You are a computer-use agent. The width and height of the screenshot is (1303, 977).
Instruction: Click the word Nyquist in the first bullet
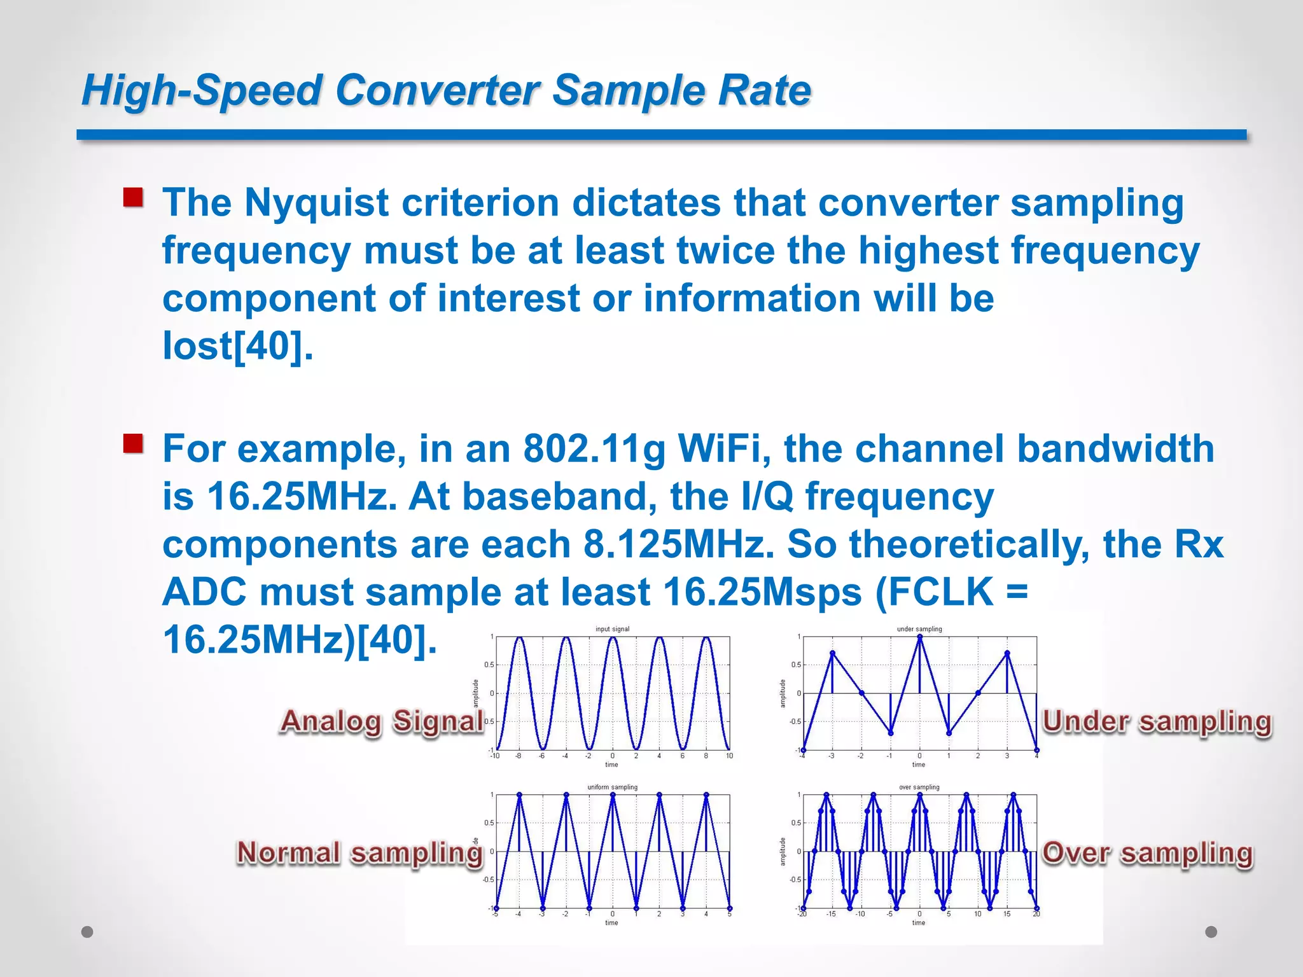(x=317, y=203)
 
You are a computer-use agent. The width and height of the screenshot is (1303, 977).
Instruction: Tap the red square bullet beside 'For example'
(x=133, y=443)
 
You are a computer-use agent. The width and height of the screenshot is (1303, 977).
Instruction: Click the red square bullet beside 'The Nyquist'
(x=133, y=197)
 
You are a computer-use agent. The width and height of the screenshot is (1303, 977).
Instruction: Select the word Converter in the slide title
(x=437, y=90)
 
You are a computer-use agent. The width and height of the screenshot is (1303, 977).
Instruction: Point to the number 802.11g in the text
(x=594, y=448)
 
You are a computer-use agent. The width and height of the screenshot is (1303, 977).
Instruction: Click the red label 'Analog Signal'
(x=382, y=722)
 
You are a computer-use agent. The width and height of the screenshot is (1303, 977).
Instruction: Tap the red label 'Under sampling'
(x=1156, y=722)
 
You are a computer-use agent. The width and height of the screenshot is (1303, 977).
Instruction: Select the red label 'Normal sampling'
(x=359, y=853)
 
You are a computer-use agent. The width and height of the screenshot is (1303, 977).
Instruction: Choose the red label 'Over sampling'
(x=1146, y=853)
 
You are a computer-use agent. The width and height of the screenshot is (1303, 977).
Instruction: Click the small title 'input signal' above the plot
(x=612, y=629)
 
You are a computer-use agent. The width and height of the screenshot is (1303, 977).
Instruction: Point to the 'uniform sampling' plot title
(x=612, y=787)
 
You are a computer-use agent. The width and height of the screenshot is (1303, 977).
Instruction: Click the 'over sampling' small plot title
(x=919, y=787)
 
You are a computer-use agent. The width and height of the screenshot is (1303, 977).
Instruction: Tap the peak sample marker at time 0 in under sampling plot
(x=919, y=637)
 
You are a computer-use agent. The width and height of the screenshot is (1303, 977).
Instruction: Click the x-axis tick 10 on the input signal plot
(x=729, y=756)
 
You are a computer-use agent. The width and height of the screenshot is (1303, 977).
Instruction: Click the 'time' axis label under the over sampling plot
(x=919, y=922)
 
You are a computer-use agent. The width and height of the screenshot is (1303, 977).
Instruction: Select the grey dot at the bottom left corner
(x=87, y=932)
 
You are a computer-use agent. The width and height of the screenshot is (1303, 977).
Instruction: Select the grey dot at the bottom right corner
(x=1211, y=932)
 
